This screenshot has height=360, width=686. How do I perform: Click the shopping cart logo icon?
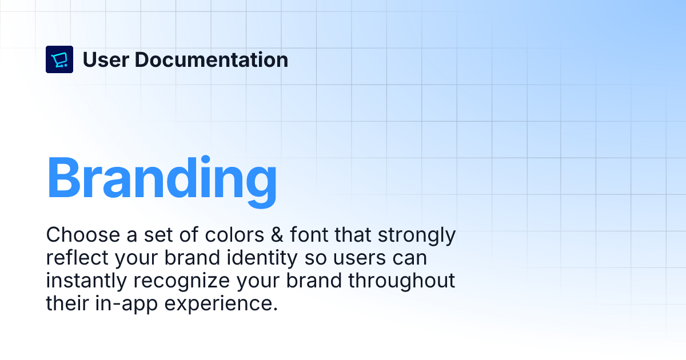[59, 59]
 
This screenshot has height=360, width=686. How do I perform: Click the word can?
[410, 258]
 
